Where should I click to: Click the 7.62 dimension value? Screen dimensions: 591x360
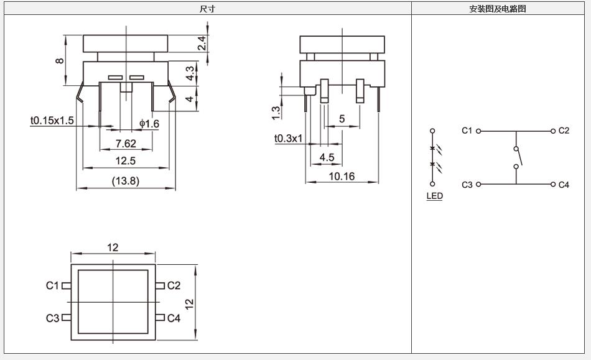click(x=126, y=144)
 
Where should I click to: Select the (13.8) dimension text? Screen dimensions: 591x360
click(x=126, y=181)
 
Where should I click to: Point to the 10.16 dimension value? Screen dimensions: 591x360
click(x=342, y=176)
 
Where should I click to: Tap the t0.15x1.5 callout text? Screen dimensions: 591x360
click(x=52, y=121)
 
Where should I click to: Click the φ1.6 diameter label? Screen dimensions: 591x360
click(x=149, y=124)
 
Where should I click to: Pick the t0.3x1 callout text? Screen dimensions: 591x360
click(x=288, y=139)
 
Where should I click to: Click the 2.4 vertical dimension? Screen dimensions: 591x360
click(x=202, y=44)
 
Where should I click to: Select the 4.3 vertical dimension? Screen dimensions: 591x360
click(x=190, y=73)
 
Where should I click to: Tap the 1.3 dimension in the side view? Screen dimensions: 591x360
click(x=276, y=113)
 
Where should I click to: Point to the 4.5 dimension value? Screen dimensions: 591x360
click(x=327, y=157)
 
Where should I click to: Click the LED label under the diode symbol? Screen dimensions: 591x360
click(x=435, y=196)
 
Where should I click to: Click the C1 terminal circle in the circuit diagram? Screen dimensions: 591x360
click(x=478, y=131)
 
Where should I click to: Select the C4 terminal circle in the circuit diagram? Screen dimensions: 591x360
click(x=553, y=184)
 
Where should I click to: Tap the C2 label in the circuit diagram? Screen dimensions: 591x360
click(x=564, y=131)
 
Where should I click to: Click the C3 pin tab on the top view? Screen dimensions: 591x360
click(x=67, y=318)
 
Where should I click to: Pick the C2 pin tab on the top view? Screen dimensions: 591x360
click(x=160, y=286)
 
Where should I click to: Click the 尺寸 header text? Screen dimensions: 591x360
click(x=207, y=9)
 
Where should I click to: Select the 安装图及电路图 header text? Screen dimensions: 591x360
click(x=498, y=9)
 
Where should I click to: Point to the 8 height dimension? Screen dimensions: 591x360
click(x=60, y=61)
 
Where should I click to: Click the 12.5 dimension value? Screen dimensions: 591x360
click(x=126, y=161)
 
